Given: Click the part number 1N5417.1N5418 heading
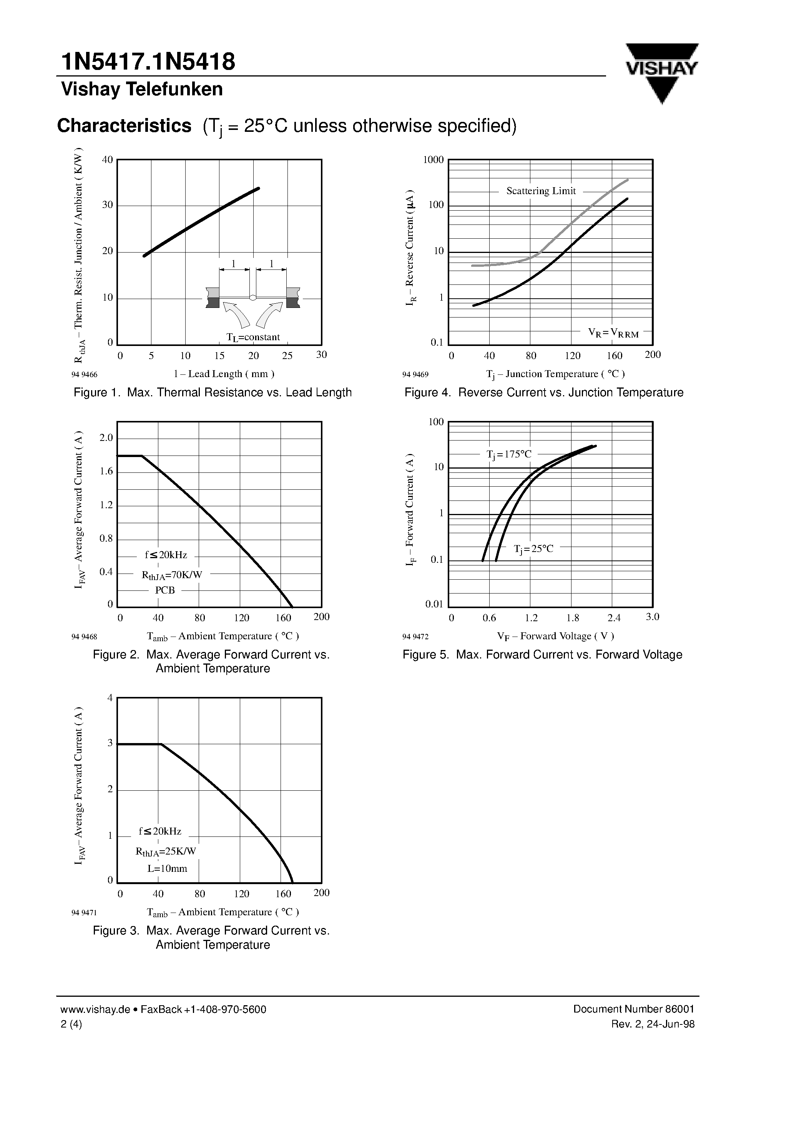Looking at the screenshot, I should [148, 62].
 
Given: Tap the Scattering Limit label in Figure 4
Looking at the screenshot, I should [540, 191].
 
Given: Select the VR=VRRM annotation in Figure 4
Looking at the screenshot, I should [613, 333].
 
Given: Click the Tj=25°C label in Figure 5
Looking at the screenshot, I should [533, 549].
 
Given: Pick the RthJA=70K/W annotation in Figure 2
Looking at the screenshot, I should [172, 575].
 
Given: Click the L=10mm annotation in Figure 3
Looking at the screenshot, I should [167, 868].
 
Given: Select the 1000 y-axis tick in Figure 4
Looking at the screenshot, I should [433, 160].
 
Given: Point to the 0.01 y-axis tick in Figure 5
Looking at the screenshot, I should [434, 604].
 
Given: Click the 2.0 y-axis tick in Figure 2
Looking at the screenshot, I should [106, 438].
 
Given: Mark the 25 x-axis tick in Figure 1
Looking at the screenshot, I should [287, 356].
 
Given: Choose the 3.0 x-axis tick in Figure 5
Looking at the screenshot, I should [652, 617].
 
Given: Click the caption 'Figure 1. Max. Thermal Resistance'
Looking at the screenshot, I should [213, 392].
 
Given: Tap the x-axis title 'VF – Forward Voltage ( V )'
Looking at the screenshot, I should [555, 636].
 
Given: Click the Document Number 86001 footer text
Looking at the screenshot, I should [633, 1009].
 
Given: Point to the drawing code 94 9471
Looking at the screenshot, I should [84, 913].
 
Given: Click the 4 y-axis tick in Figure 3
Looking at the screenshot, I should [110, 698].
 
